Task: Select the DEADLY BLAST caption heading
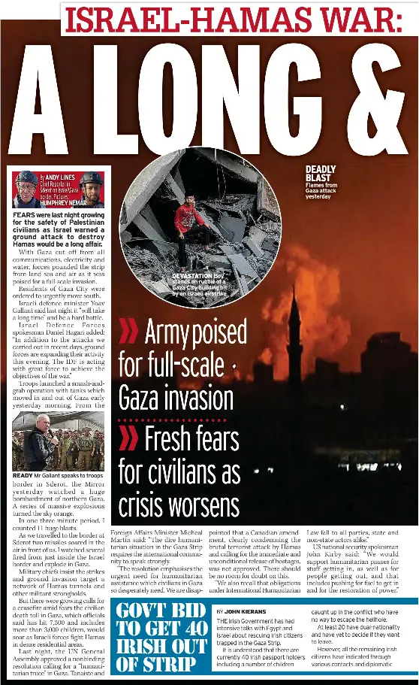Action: (321, 174)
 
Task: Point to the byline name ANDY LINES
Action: (59, 177)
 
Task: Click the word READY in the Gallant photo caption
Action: (23, 476)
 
